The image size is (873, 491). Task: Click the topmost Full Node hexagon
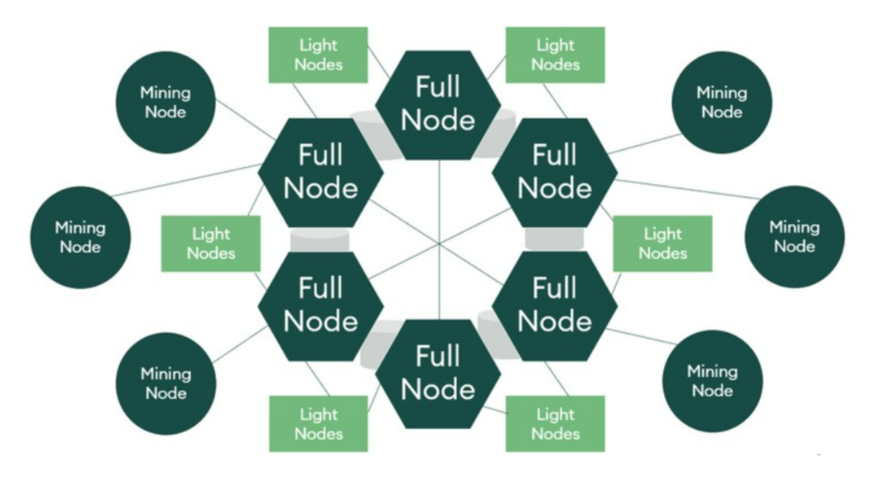[438, 104]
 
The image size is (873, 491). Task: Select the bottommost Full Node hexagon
[438, 373]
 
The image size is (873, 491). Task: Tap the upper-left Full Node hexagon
[321, 172]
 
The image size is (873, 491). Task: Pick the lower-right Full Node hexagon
[555, 305]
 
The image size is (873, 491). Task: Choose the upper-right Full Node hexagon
[555, 172]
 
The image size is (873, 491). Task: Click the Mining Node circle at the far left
[80, 237]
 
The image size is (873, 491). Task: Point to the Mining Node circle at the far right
[795, 236]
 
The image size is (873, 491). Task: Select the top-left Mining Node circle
[165, 102]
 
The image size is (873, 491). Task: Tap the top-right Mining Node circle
[722, 102]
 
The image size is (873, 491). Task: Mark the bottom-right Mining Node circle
[713, 381]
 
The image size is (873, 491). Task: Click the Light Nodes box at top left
[318, 55]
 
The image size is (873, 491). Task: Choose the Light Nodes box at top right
[555, 55]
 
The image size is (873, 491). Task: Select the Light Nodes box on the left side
[211, 244]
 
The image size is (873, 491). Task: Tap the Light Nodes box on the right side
[662, 244]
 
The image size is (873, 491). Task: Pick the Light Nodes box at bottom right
[555, 424]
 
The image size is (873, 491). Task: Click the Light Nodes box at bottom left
[318, 424]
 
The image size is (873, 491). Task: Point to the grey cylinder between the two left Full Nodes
[320, 240]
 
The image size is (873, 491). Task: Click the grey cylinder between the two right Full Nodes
[554, 239]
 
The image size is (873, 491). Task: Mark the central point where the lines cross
[439, 245]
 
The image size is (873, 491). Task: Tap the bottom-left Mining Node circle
[165, 383]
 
